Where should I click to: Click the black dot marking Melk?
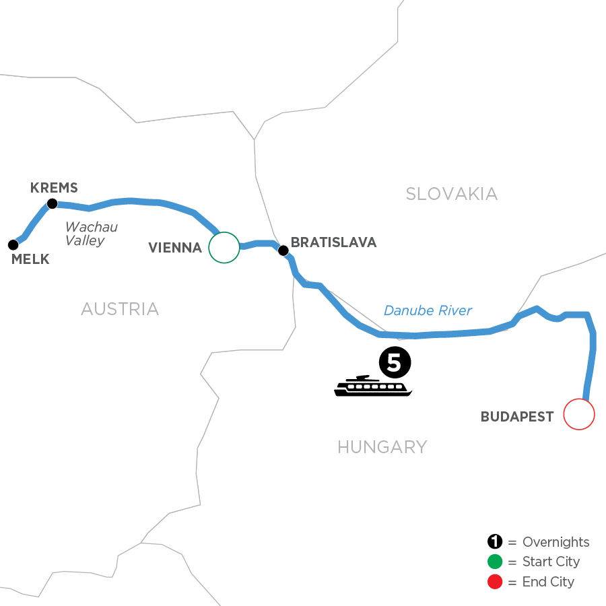pyautogui.click(x=12, y=244)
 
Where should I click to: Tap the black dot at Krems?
pyautogui.click(x=51, y=203)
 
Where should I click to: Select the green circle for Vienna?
pyautogui.click(x=224, y=247)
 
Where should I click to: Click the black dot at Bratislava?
pyautogui.click(x=283, y=250)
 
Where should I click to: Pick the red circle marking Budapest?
pyautogui.click(x=579, y=414)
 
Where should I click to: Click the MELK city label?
pyautogui.click(x=31, y=260)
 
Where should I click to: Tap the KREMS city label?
pyautogui.click(x=55, y=188)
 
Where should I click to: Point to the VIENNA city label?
pyautogui.click(x=175, y=248)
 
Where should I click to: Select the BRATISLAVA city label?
pyautogui.click(x=333, y=242)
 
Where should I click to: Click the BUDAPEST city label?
pyautogui.click(x=517, y=417)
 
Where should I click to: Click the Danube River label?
pyautogui.click(x=428, y=310)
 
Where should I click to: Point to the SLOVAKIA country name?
pyautogui.click(x=451, y=195)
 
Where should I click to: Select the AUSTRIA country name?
pyautogui.click(x=120, y=309)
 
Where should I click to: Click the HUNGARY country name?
pyautogui.click(x=382, y=446)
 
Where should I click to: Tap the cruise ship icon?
pyautogui.click(x=373, y=386)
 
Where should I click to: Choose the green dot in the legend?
pyautogui.click(x=496, y=562)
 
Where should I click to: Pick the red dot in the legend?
pyautogui.click(x=496, y=581)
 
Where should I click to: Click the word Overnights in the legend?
pyautogui.click(x=555, y=542)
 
